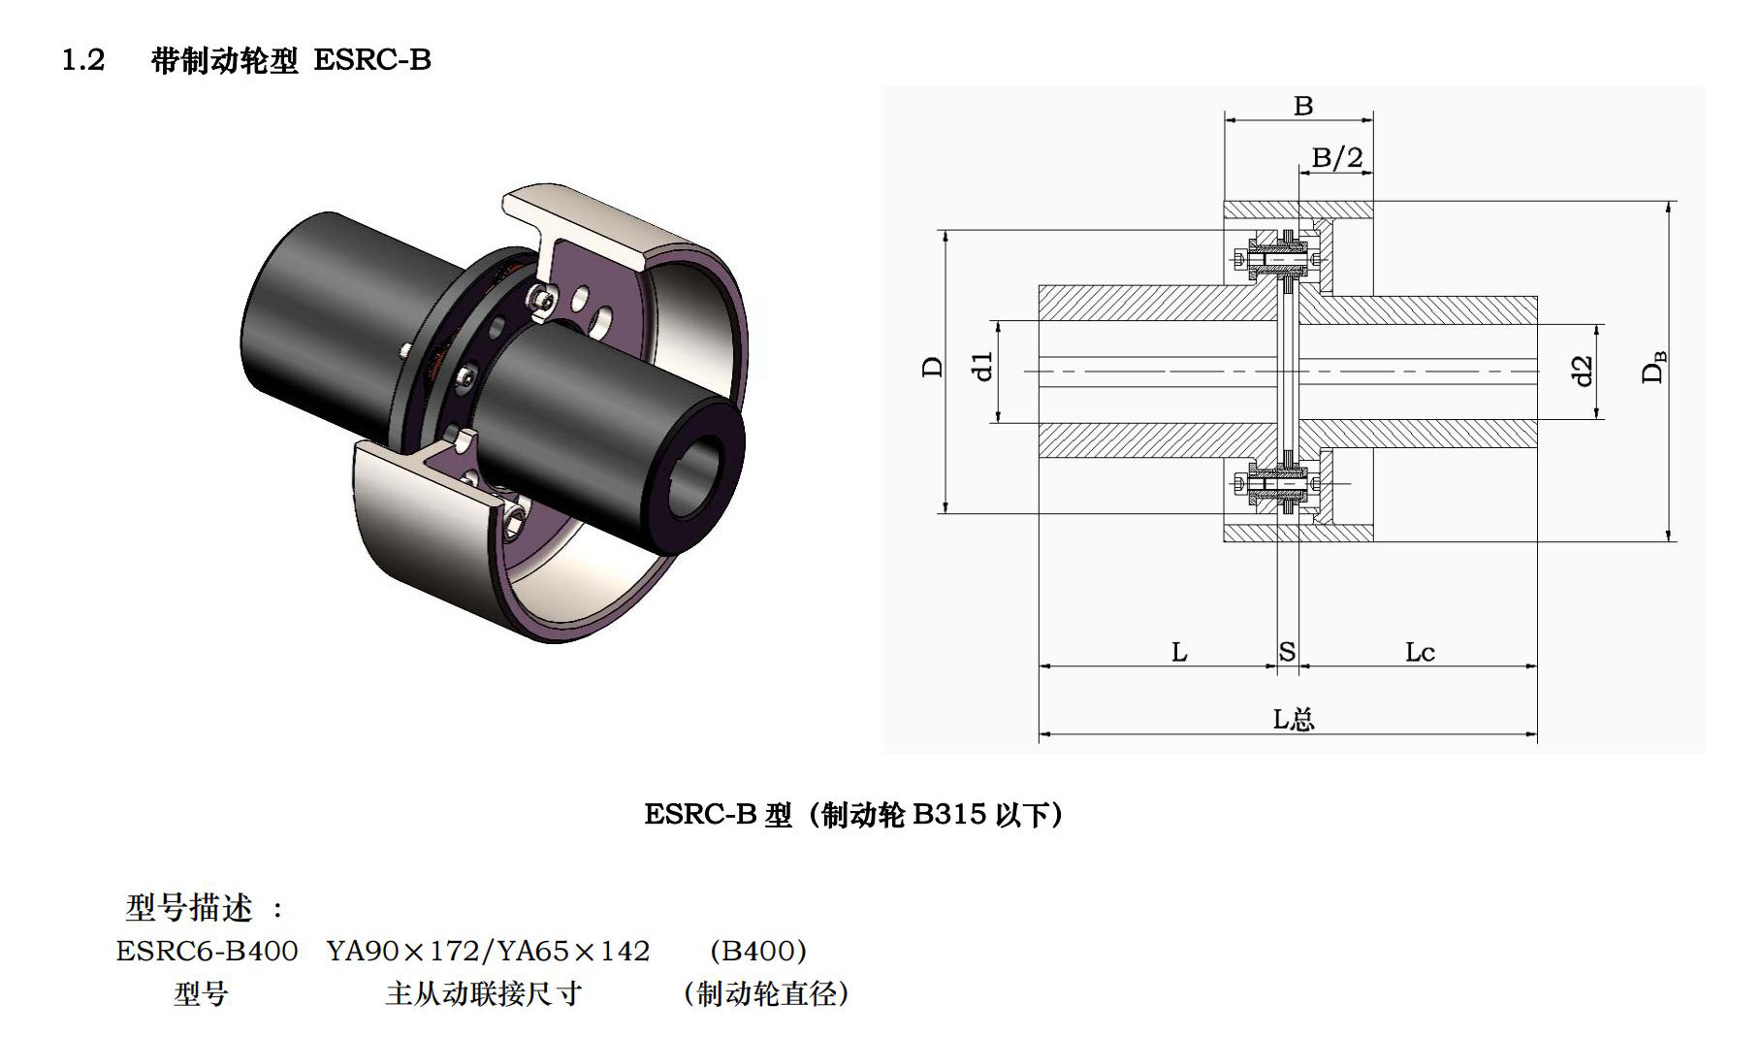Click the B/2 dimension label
click(1336, 157)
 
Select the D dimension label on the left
click(932, 368)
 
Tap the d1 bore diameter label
click(983, 367)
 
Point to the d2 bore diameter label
click(1583, 371)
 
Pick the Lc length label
click(1419, 652)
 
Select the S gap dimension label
click(1287, 652)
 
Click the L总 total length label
click(1293, 719)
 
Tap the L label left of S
click(1179, 652)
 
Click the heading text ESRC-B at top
click(372, 60)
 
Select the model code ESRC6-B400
click(207, 951)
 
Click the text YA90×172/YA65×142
click(488, 951)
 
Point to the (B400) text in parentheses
click(756, 951)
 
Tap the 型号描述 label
click(189, 909)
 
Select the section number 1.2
click(83, 60)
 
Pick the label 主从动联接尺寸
click(483, 994)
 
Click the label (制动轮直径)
click(765, 994)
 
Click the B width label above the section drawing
click(1302, 106)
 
